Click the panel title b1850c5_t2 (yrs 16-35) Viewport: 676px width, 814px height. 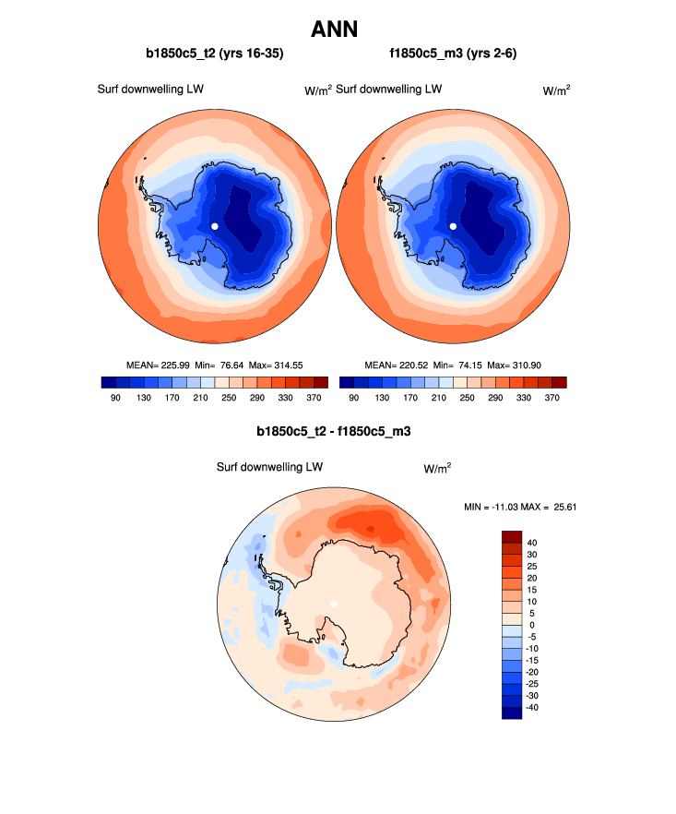coord(214,54)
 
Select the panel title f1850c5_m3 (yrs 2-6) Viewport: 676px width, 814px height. coord(452,54)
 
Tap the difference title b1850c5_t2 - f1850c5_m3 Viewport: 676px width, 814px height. coord(333,431)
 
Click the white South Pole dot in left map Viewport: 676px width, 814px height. coord(214,225)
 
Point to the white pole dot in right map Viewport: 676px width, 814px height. coord(453,225)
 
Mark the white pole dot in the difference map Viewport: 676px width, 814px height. coord(334,604)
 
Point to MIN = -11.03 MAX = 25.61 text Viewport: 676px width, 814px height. coord(523,507)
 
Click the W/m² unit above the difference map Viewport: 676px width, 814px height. coord(437,468)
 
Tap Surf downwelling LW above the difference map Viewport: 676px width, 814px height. coord(269,467)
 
